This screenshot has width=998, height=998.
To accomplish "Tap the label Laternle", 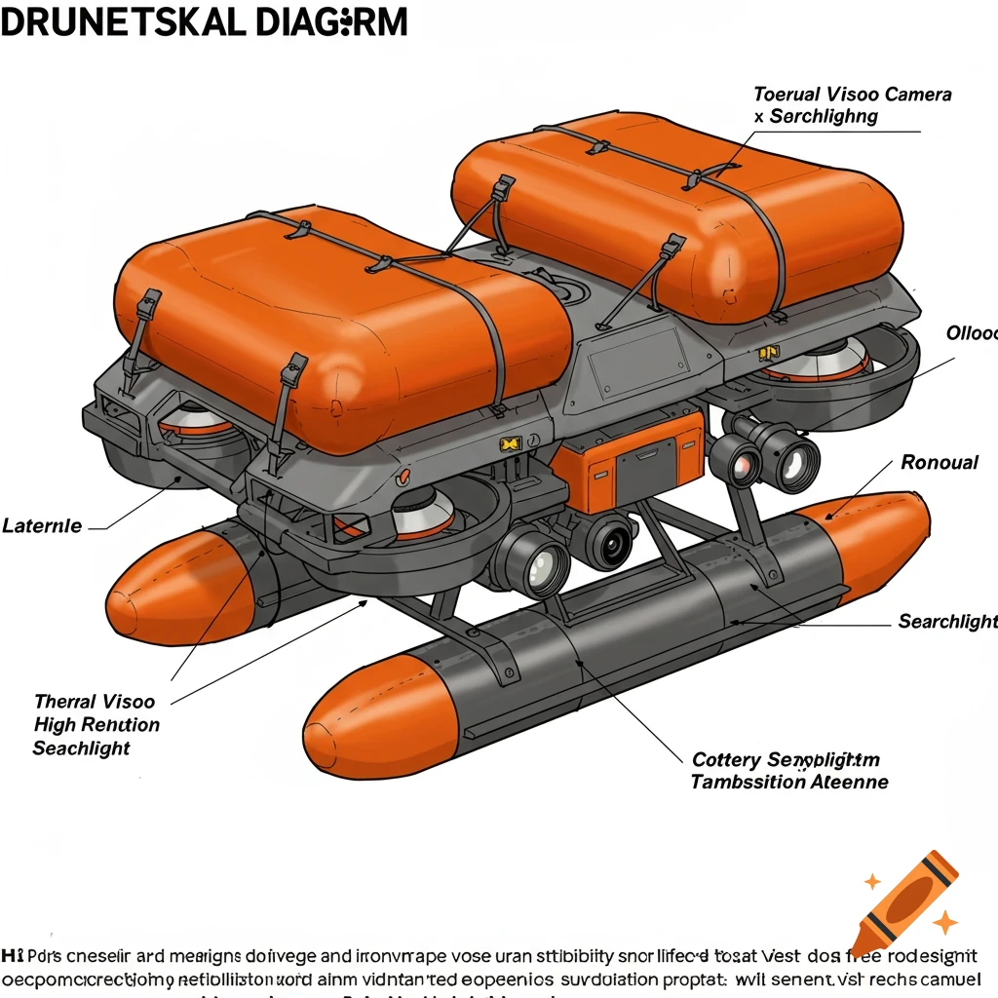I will tap(42, 526).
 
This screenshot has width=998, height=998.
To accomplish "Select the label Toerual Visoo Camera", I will tap(852, 95).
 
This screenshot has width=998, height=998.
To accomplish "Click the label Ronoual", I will tap(939, 462).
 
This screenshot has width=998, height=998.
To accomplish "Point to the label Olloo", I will tap(971, 333).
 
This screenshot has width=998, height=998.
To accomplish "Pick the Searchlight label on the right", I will tap(946, 621).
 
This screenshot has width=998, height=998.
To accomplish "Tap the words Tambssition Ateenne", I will tap(788, 782).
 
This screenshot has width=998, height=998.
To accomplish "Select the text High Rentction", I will tap(96, 724).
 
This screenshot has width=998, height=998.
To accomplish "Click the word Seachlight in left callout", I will tap(81, 748).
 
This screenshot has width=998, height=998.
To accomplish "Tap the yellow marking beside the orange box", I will tap(511, 444).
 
